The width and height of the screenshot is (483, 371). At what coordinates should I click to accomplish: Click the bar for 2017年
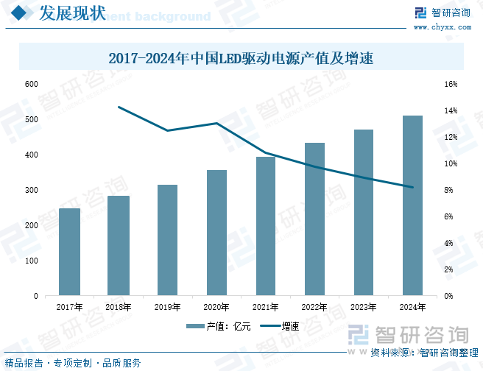[x=69, y=252]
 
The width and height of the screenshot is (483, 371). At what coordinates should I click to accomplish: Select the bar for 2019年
[x=167, y=240]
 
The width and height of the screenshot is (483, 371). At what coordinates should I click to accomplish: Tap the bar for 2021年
[x=265, y=226]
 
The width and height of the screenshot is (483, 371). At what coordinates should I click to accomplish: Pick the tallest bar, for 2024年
[x=412, y=205]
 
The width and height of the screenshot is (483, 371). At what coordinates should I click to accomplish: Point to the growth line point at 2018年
[x=119, y=107]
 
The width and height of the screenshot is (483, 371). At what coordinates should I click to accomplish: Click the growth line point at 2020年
[x=216, y=123]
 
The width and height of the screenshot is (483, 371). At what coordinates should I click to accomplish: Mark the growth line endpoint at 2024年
[x=412, y=187]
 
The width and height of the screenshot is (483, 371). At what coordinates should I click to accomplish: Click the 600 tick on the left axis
[x=31, y=84]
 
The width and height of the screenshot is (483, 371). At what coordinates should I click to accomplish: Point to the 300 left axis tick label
[x=31, y=190]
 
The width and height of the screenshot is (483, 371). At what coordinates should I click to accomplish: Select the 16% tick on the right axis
[x=451, y=84]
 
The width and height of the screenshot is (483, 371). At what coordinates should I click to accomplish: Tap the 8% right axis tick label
[x=451, y=190]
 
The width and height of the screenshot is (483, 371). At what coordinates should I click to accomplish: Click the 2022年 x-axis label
[x=314, y=307]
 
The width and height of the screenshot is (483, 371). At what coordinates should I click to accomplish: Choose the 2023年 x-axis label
[x=364, y=307]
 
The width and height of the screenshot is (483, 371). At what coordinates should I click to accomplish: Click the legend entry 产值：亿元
[x=219, y=327]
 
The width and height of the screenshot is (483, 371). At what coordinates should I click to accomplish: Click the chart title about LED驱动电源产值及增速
[x=241, y=58]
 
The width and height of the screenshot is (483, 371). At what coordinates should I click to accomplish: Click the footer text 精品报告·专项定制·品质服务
[x=73, y=363]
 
